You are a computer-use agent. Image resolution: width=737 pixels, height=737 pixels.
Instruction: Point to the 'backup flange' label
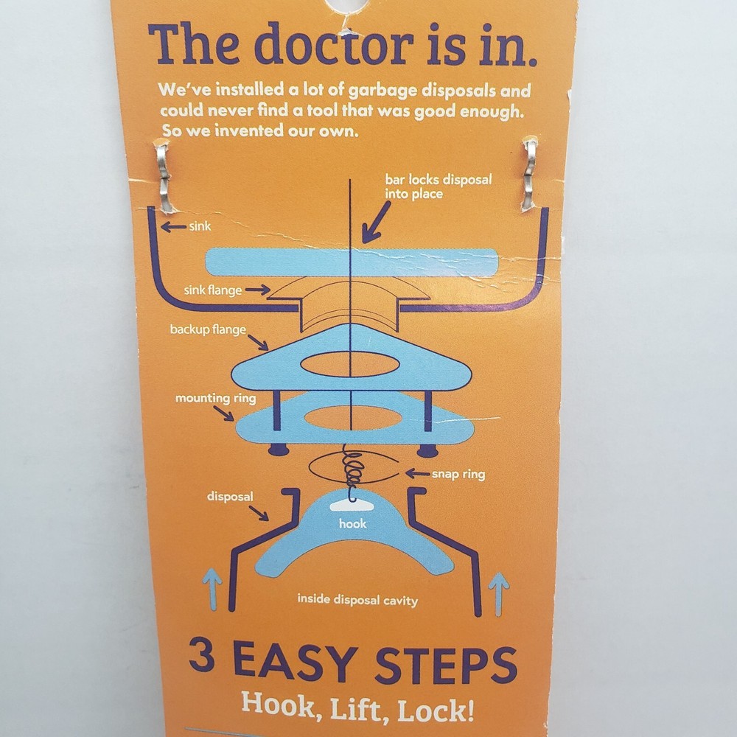[x=208, y=329]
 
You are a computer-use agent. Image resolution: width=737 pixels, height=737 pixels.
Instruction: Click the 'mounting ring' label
[x=215, y=398]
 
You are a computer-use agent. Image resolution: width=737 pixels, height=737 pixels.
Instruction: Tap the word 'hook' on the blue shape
[x=352, y=524]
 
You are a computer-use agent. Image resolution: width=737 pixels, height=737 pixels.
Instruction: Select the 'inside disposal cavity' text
[x=357, y=600]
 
